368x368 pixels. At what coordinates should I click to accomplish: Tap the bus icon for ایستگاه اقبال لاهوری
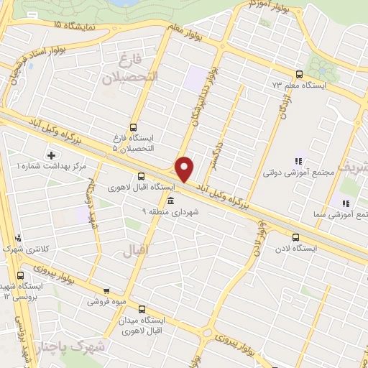click(141, 175)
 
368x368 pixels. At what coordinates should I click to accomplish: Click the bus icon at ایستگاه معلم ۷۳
click(299, 74)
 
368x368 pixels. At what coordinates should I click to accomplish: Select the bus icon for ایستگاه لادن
click(297, 236)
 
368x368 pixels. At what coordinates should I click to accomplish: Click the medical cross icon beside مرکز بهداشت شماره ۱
click(51, 155)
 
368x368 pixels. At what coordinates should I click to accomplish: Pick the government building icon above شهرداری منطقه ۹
click(170, 201)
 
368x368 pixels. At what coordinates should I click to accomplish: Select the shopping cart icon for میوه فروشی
click(106, 291)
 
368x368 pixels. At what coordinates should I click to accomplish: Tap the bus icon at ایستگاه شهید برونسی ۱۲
click(19, 274)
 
